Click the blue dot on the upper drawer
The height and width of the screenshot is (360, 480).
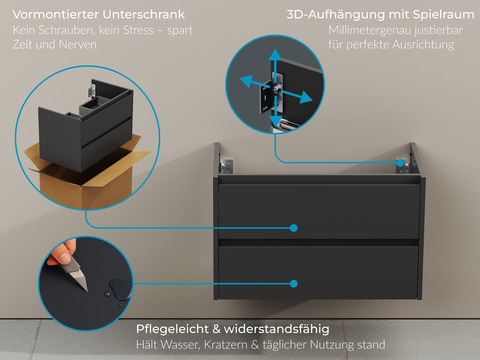(x=294, y=228)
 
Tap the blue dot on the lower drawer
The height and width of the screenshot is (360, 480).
(x=294, y=283)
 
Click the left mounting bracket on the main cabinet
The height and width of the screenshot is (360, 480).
(x=219, y=160)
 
